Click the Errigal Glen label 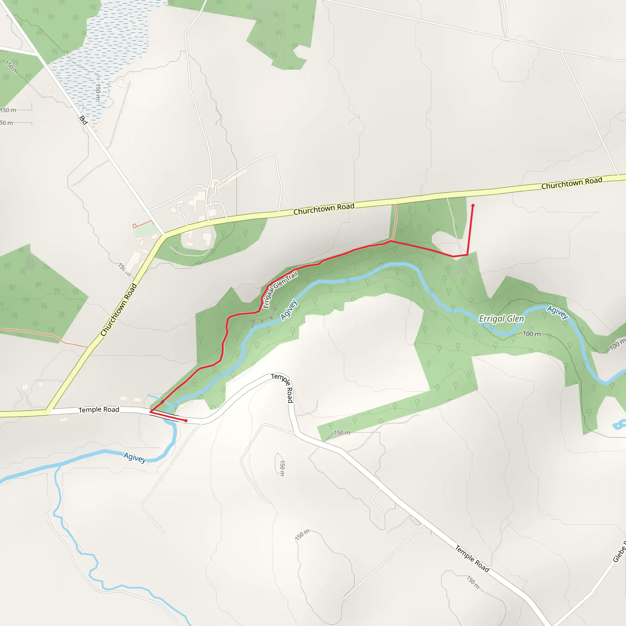(x=501, y=319)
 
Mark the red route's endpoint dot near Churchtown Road (x=473, y=206)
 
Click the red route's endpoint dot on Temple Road (x=186, y=421)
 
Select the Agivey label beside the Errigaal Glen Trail (x=288, y=309)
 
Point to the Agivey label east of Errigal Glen (x=557, y=312)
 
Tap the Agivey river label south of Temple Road (x=135, y=458)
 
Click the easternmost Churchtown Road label (x=572, y=183)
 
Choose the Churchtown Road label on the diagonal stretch (x=119, y=309)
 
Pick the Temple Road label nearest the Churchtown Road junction (x=99, y=410)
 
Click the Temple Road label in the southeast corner (x=472, y=558)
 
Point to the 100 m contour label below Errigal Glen (x=531, y=334)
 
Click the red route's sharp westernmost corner (x=150, y=411)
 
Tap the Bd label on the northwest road (x=83, y=120)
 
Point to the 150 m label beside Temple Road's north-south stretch (x=282, y=468)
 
